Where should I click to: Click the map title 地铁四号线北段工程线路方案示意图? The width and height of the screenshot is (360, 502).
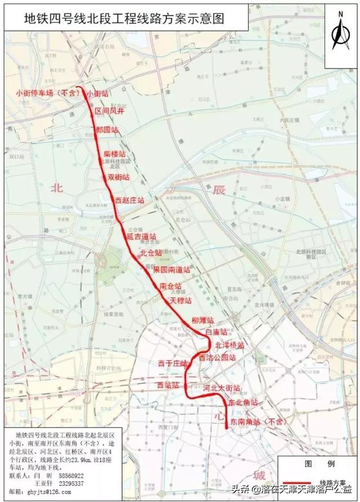pyautogui.click(x=123, y=19)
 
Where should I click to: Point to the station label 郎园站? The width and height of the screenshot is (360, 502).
pyautogui.click(x=107, y=130)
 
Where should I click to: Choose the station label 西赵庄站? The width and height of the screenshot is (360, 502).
pyautogui.click(x=129, y=200)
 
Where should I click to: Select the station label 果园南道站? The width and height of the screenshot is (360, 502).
pyautogui.click(x=172, y=270)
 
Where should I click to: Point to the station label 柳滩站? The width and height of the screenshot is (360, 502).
pyautogui.click(x=202, y=320)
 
